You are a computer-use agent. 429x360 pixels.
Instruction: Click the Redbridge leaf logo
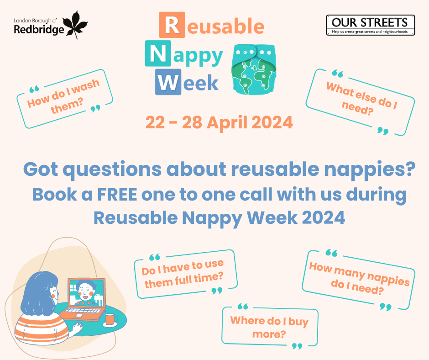[73, 25]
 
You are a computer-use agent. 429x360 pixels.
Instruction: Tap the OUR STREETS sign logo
[370, 25]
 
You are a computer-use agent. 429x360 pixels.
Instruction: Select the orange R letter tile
[171, 26]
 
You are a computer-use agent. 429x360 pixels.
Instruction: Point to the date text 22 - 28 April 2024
[219, 122]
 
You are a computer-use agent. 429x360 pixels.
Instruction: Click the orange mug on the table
[109, 318]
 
